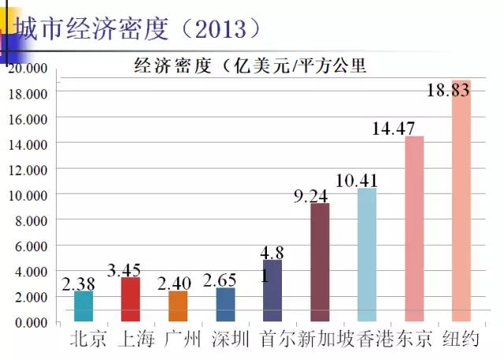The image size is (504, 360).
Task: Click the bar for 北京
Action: [83, 306]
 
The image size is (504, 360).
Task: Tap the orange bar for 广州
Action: [178, 306]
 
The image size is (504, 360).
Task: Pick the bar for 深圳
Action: [225, 305]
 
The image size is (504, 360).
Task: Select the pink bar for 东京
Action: [414, 228]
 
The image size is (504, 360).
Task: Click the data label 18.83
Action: [448, 90]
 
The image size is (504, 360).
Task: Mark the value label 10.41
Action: [356, 180]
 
